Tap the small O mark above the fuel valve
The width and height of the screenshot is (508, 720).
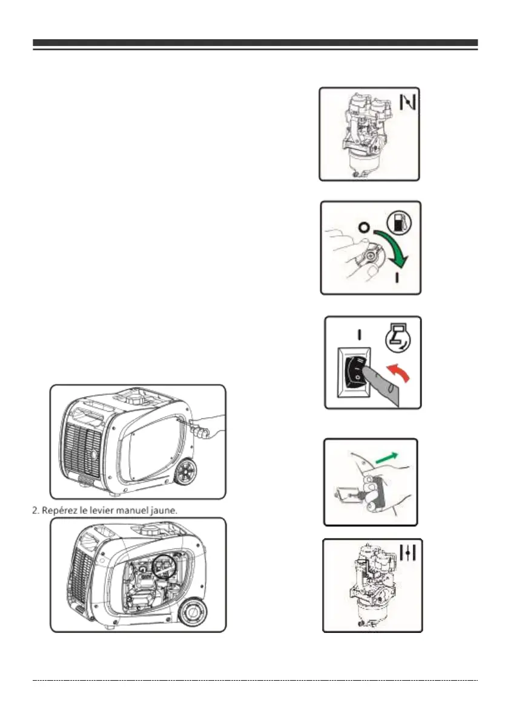363,229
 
